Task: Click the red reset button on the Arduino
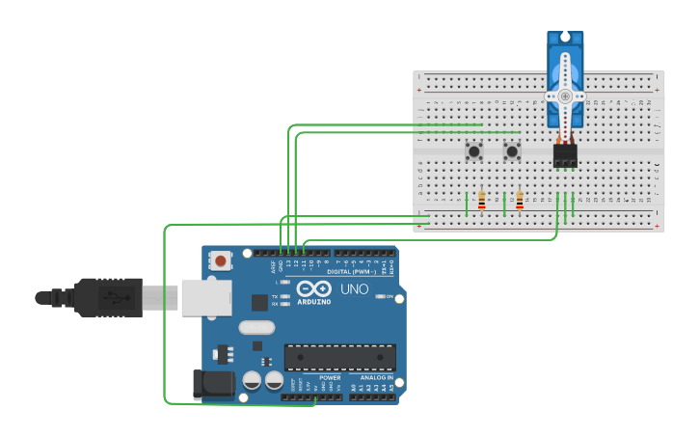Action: (222, 259)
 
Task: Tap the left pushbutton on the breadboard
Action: (473, 151)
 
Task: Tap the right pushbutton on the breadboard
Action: (512, 151)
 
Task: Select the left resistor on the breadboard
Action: (481, 201)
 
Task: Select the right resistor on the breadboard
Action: (520, 201)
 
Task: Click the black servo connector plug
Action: (565, 155)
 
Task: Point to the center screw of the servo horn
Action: (565, 96)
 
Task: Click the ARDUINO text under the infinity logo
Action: (314, 301)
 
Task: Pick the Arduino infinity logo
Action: (314, 288)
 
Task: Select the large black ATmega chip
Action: (339, 357)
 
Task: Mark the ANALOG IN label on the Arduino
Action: (377, 377)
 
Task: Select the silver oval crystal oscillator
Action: (256, 327)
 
